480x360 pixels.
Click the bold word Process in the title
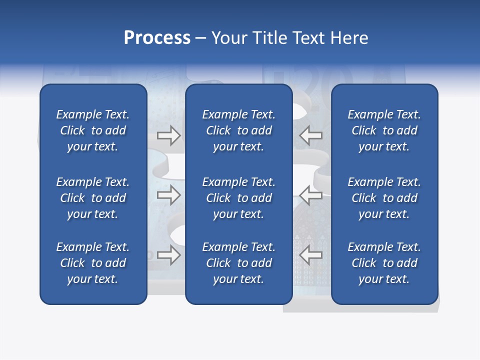point(157,38)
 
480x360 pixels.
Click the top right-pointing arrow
point(168,135)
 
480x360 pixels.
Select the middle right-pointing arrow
point(168,195)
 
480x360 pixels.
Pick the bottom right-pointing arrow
point(168,255)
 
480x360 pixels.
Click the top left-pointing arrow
point(311,135)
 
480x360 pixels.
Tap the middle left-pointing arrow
point(311,195)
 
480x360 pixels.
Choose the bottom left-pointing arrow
point(311,255)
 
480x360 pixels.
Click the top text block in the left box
point(93,130)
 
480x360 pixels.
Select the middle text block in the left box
point(93,198)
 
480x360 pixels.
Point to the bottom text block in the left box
point(93,263)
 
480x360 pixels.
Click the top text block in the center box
point(238,130)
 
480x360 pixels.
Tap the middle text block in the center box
point(238,198)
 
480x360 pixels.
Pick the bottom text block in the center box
point(238,263)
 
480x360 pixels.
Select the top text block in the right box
point(384,130)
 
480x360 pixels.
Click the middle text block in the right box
point(384,198)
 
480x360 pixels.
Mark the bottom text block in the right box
point(384,263)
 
